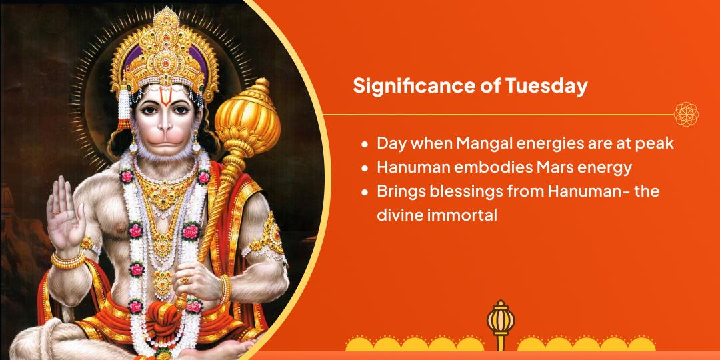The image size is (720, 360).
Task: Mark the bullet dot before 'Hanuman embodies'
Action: point(364,168)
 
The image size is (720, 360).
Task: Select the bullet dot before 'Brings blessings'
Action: point(364,193)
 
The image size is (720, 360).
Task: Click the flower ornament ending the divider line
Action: point(686,114)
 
